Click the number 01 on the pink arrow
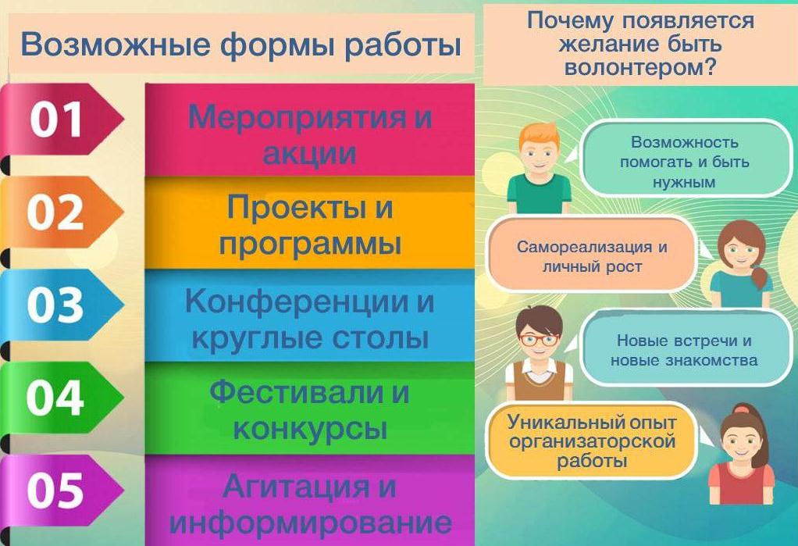click(56, 120)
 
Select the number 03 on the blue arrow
click(55, 305)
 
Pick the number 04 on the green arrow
click(55, 398)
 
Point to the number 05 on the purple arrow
click(55, 490)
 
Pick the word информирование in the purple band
click(311, 522)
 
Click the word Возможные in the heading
click(116, 45)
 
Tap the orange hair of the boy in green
click(540, 134)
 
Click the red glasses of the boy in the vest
click(539, 339)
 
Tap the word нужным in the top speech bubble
click(684, 183)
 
